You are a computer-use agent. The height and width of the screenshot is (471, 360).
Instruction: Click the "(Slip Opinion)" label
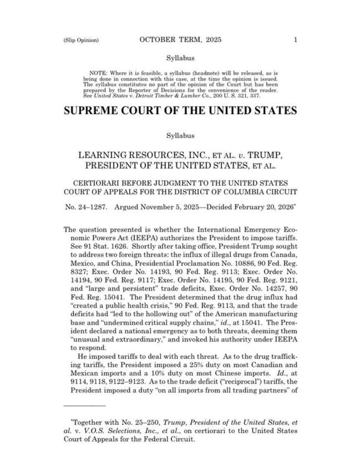pyautogui.click(x=81, y=40)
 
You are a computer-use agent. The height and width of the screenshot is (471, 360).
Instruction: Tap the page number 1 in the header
pyautogui.click(x=295, y=40)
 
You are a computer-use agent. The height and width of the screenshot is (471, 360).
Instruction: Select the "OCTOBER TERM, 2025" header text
pyautogui.click(x=180, y=40)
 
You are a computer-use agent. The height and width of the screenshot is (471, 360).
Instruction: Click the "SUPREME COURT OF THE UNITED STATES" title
pyautogui.click(x=180, y=111)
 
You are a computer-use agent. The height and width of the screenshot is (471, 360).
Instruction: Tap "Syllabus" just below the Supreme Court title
pyautogui.click(x=180, y=136)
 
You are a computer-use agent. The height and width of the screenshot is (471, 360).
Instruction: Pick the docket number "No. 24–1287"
pyautogui.click(x=86, y=207)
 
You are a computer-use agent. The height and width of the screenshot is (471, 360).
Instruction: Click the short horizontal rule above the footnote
pyautogui.click(x=85, y=406)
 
